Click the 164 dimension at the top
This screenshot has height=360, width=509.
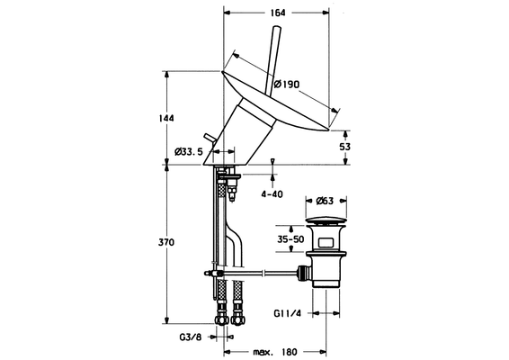pyautogui.click(x=278, y=13)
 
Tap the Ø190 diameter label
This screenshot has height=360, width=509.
pyautogui.click(x=286, y=85)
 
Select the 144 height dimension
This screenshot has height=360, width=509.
pyautogui.click(x=166, y=118)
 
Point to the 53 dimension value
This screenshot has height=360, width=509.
pyautogui.click(x=344, y=147)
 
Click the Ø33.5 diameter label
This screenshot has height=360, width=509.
pyautogui.click(x=188, y=152)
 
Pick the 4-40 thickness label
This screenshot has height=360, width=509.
pyautogui.click(x=272, y=194)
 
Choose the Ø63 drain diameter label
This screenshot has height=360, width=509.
pyautogui.click(x=325, y=201)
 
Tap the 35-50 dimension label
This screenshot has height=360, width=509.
pyautogui.click(x=290, y=239)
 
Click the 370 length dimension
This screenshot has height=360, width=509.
pyautogui.click(x=166, y=242)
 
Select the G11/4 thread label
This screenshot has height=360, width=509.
pyautogui.click(x=288, y=313)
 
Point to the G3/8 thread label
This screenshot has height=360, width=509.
pyautogui.click(x=191, y=337)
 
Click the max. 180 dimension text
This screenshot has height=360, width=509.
pyautogui.click(x=275, y=352)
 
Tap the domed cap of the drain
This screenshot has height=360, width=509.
pyautogui.click(x=326, y=222)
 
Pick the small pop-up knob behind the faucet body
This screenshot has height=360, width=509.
pyautogui.click(x=208, y=139)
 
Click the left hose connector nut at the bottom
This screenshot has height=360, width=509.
pyautogui.click(x=221, y=319)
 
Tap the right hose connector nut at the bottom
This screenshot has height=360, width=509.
pyautogui.click(x=238, y=319)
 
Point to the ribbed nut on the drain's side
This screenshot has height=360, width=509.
pyautogui.click(x=304, y=273)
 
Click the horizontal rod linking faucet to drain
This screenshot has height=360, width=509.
pyautogui.click(x=260, y=274)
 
